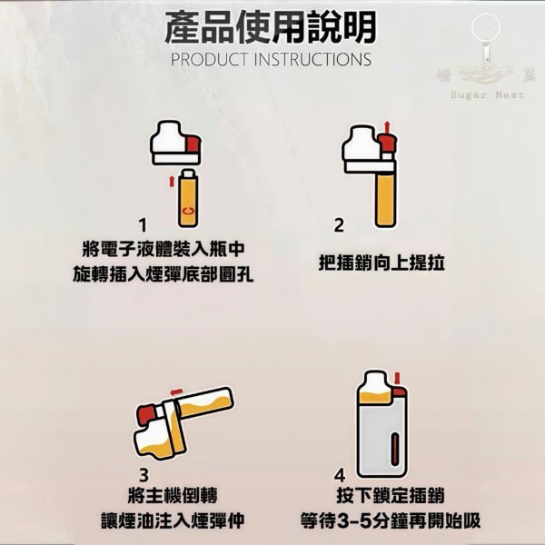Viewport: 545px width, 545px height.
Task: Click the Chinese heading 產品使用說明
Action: pos(271,27)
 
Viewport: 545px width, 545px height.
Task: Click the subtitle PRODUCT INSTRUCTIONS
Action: pos(271,60)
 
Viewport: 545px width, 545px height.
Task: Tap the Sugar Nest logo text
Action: pos(488,94)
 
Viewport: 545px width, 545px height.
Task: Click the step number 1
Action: pos(143,223)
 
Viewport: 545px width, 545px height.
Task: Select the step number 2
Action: pos(339,224)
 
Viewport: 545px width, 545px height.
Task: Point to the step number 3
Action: pos(144,474)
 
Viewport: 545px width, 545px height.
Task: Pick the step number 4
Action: pos(340,475)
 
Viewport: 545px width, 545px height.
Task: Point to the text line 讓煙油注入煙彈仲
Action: pos(166,522)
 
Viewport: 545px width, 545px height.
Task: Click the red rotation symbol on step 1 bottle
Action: pos(187,211)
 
